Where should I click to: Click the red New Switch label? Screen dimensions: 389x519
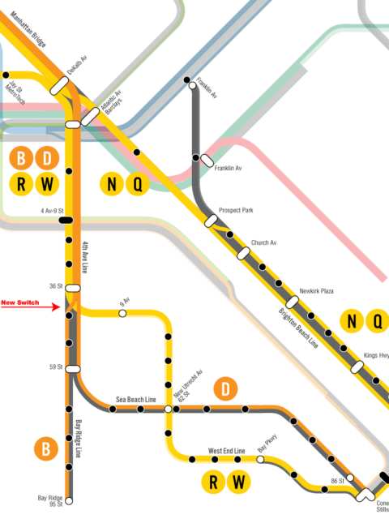tap(19, 302)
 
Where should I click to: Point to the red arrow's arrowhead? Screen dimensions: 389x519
tap(56, 307)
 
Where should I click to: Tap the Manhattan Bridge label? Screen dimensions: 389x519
tap(28, 29)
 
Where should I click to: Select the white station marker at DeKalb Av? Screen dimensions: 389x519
tap(59, 86)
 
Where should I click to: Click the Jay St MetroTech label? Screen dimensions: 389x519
tap(15, 92)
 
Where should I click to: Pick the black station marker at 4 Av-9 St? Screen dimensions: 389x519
tap(66, 220)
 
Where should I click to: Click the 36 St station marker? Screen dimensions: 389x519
tap(73, 288)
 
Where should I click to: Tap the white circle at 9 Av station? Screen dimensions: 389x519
tap(122, 313)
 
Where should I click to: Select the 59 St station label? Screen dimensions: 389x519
tap(56, 367)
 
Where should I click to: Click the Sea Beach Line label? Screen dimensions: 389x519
tap(135, 400)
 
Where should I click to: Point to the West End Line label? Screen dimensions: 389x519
tap(227, 451)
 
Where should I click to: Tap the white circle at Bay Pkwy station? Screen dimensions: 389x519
tap(260, 460)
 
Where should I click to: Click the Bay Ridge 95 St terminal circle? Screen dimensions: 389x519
tap(69, 501)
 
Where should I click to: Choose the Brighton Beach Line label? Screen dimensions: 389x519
tap(298, 328)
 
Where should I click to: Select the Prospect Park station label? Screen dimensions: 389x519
tap(236, 210)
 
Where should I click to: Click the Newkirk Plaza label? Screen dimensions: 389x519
tap(317, 291)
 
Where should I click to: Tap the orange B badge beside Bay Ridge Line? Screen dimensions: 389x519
tap(46, 449)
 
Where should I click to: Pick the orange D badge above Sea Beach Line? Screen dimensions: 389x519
tap(225, 389)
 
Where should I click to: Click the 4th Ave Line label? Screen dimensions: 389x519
tap(84, 257)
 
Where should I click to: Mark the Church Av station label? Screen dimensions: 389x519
tap(263, 242)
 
